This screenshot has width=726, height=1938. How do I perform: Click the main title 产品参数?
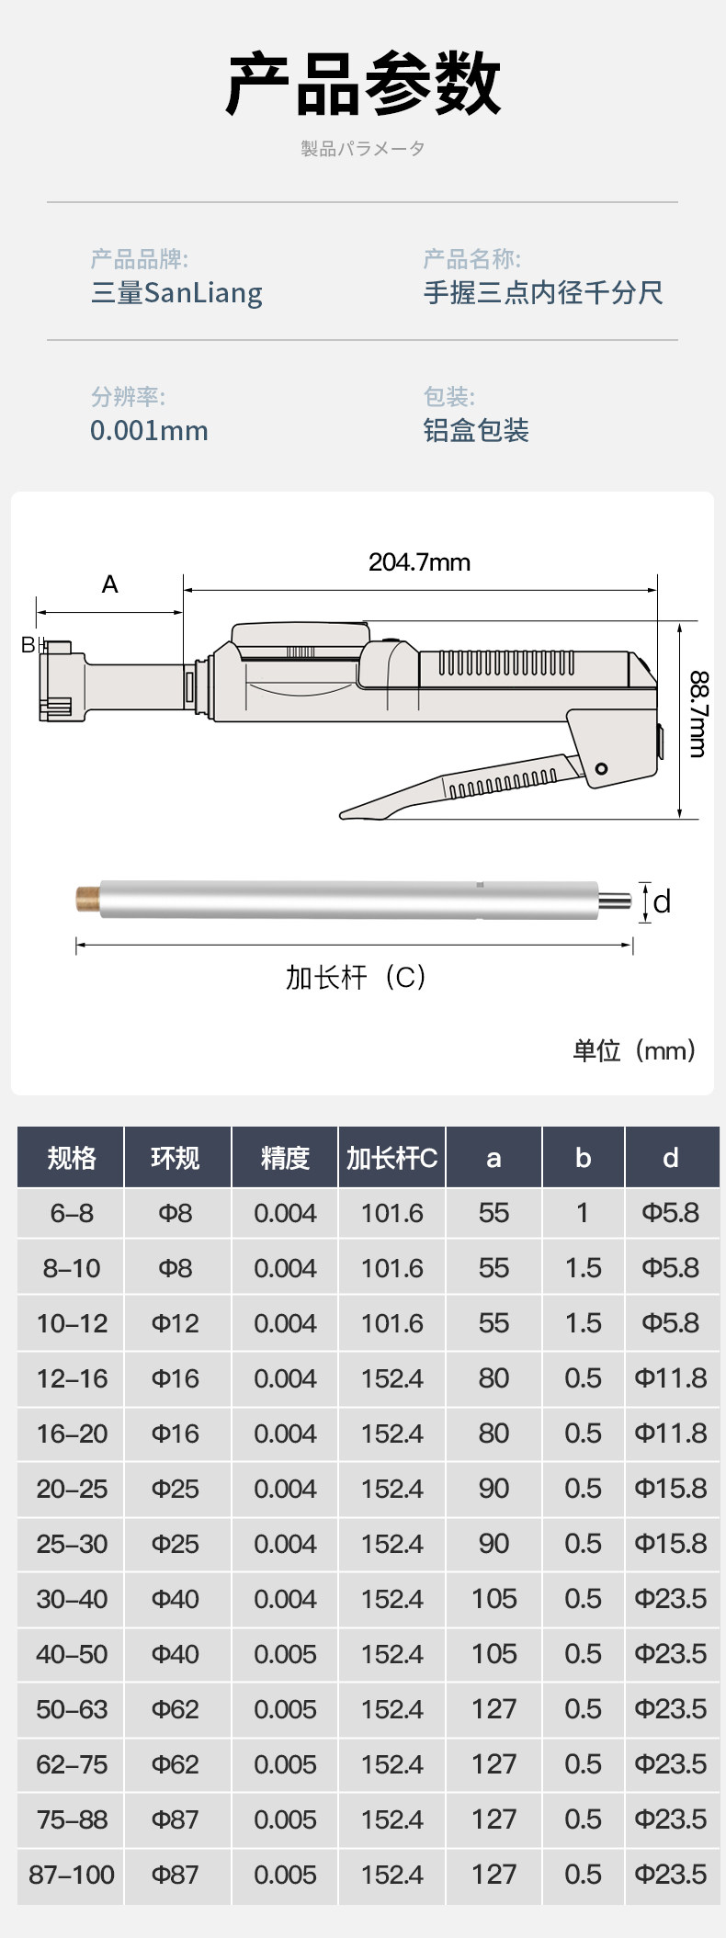click(363, 84)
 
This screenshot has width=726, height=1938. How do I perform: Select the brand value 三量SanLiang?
click(176, 293)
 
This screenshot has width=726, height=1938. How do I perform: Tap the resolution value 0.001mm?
click(149, 430)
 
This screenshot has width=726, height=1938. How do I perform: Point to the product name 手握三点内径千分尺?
click(543, 292)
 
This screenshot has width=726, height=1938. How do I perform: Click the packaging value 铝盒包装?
click(476, 430)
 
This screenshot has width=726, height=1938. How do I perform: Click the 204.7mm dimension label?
click(419, 561)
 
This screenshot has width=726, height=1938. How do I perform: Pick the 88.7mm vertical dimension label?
click(698, 714)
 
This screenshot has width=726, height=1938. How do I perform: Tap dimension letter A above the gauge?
click(110, 584)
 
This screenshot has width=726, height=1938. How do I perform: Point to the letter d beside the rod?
click(662, 901)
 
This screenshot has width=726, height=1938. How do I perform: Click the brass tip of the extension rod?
click(88, 900)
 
